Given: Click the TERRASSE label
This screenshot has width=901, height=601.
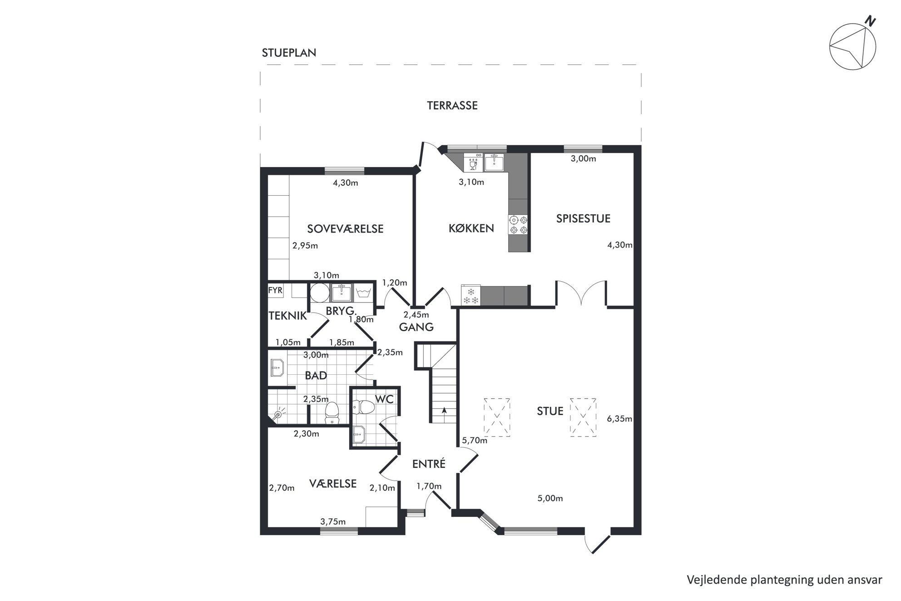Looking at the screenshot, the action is pos(452,105).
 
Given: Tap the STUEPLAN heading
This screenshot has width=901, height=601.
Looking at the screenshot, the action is pos(289,53).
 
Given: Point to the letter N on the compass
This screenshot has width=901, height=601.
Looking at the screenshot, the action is pos(870,21).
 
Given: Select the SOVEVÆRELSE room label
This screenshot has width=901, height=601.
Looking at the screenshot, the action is pos(345,228).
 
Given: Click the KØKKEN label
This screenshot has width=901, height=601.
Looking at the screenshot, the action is pos(471,228).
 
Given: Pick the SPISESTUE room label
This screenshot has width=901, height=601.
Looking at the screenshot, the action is pos(583,219).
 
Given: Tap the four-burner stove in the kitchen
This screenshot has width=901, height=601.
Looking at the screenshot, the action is pos(518,224).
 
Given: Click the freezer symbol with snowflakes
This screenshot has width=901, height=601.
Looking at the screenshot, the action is pos(470,295).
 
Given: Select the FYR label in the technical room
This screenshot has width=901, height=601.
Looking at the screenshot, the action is pos(275,290).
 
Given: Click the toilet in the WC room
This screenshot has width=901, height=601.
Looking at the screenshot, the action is pos(363,407).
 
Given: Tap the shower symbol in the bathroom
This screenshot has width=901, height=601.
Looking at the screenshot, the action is pos(278,414).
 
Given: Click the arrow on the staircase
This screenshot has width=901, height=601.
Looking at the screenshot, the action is pos(444,410).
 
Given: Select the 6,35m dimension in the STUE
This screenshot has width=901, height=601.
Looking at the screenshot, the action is pos(619,419).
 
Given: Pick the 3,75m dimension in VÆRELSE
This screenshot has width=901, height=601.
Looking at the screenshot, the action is pos(333,522).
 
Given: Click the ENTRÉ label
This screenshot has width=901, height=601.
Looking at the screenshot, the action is pos(429,463).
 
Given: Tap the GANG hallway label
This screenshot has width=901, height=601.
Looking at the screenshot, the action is pos(416,327).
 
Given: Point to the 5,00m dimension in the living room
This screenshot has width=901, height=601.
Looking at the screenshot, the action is pos(550,498).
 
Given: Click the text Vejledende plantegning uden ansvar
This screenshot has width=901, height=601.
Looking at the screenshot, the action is pos(784,580).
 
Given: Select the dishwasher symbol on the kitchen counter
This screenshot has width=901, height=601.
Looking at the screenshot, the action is pos(473,162).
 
